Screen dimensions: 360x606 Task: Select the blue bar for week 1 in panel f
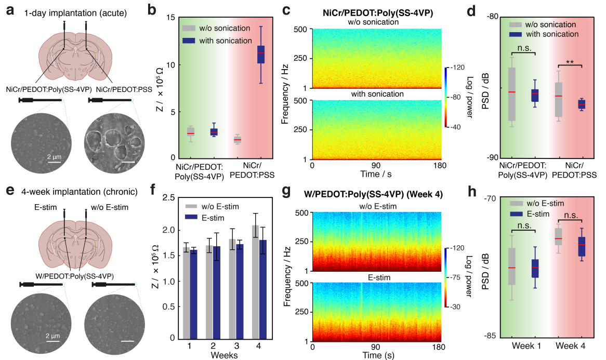[x=194, y=294]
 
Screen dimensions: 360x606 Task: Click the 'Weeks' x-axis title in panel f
[x=225, y=355]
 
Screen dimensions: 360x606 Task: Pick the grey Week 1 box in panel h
[x=512, y=266]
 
